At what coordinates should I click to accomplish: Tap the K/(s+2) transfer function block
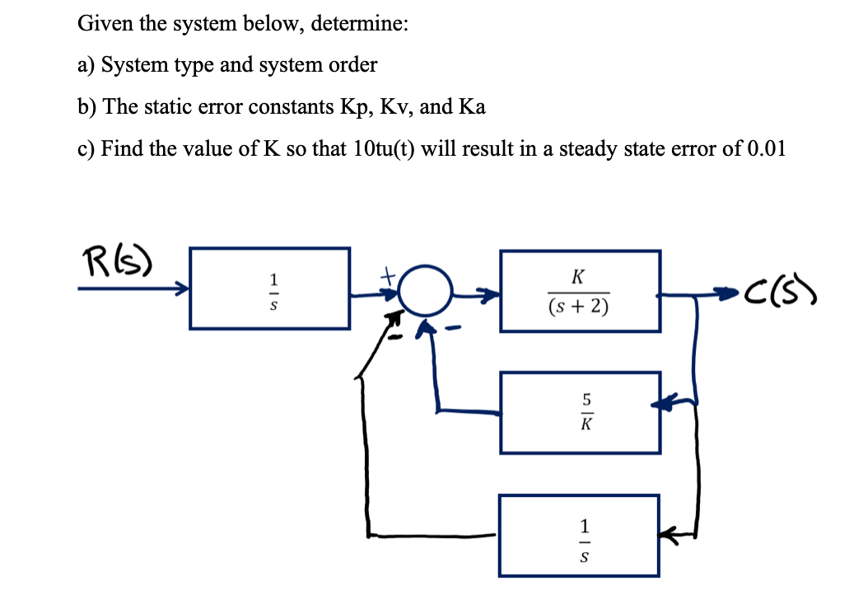pyautogui.click(x=580, y=291)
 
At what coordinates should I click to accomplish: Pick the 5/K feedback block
pyautogui.click(x=580, y=412)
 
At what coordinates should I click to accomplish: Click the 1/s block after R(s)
pyautogui.click(x=269, y=288)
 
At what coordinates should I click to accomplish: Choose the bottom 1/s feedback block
pyautogui.click(x=580, y=535)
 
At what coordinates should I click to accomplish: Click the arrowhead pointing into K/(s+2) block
pyautogui.click(x=489, y=292)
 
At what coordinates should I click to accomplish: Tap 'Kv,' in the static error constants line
pyautogui.click(x=399, y=107)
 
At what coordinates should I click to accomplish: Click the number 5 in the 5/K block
pyautogui.click(x=587, y=400)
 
